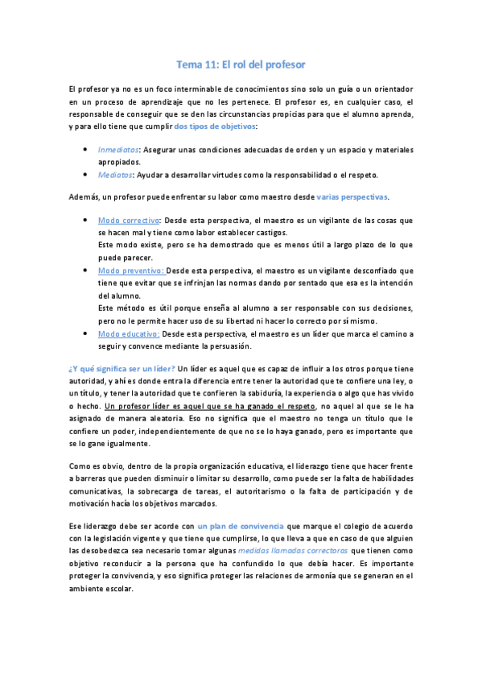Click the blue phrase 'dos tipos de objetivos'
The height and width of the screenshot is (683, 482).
pyautogui.click(x=214, y=126)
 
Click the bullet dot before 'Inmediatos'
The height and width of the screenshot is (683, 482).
pyautogui.click(x=86, y=150)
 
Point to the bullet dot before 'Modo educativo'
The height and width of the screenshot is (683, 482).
pyautogui.click(x=86, y=333)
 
